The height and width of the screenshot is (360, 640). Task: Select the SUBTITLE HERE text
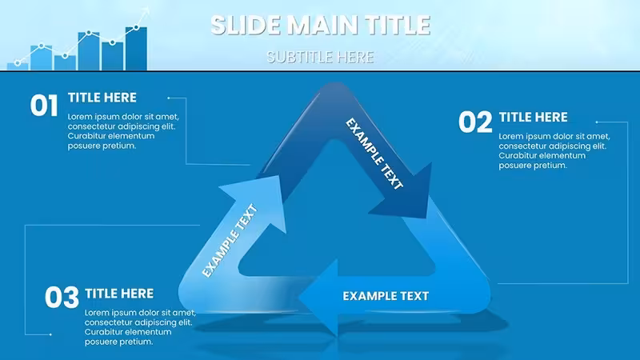(320, 57)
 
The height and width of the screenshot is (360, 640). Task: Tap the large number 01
(44, 106)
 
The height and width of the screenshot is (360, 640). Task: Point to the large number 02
(475, 122)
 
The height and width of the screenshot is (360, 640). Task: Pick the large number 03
(62, 297)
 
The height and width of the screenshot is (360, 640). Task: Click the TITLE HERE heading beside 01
(102, 98)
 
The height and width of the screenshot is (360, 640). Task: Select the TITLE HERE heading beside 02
(533, 118)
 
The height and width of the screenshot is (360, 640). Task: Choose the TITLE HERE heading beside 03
(119, 294)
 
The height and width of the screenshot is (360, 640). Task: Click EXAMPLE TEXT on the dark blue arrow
(374, 154)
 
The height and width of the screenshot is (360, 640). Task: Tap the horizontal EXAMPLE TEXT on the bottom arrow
(386, 296)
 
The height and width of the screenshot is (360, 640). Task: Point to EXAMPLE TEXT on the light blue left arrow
(230, 241)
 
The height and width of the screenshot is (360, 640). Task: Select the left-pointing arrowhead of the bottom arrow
(318, 298)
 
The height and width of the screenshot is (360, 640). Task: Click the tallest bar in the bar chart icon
(136, 49)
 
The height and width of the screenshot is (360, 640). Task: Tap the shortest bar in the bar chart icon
(18, 67)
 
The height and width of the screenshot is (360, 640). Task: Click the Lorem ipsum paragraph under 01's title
(123, 131)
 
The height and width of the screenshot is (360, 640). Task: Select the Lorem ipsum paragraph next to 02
(554, 150)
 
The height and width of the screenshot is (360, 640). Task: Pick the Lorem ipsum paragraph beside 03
(141, 327)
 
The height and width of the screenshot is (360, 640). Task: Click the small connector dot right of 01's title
(169, 98)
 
